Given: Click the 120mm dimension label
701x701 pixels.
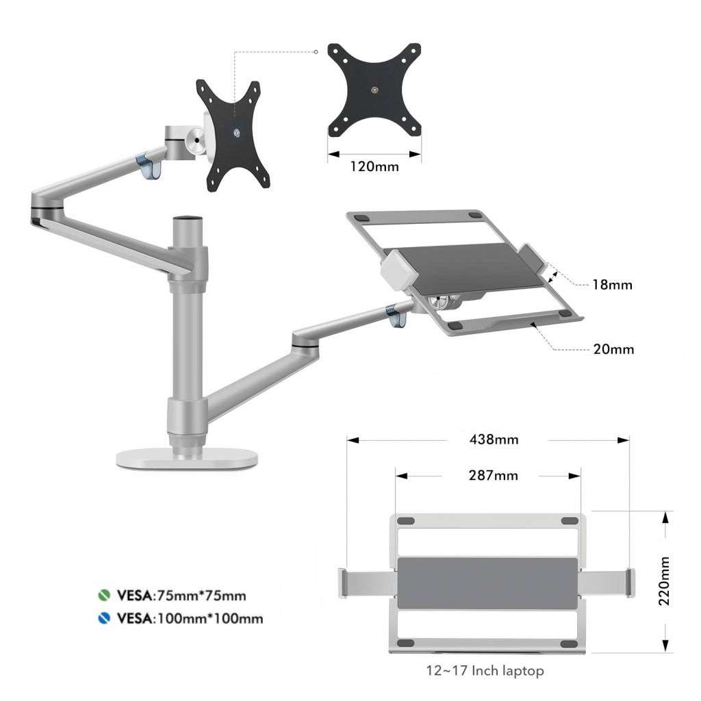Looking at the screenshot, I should [x=374, y=166].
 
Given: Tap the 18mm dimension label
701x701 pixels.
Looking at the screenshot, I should [x=612, y=284].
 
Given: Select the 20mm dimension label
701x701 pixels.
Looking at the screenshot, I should [x=613, y=349].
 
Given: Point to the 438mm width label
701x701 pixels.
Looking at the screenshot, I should [x=489, y=439].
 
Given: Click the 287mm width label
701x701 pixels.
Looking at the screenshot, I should [x=489, y=475].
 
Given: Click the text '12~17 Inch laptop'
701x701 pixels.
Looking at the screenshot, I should [x=485, y=671].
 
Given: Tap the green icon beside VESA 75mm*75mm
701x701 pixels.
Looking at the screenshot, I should [x=103, y=595].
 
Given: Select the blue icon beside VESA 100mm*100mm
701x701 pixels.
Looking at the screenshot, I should [x=103, y=619].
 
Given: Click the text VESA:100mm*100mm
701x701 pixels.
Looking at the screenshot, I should [x=190, y=619].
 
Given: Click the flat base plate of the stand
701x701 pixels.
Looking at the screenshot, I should [x=186, y=460].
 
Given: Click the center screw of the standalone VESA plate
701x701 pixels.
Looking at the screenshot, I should [x=374, y=90].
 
